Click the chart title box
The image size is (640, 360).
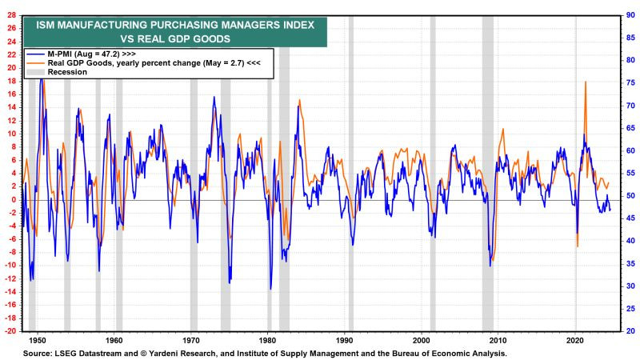pyautogui.click(x=174, y=30)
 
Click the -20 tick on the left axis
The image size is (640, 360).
pyautogui.click(x=11, y=331)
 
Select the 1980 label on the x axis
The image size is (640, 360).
pyautogui.click(x=268, y=339)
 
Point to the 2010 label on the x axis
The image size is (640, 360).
pyautogui.click(x=498, y=339)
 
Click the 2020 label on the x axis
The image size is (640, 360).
pyautogui.click(x=574, y=339)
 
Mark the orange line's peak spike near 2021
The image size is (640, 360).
pyautogui.click(x=586, y=82)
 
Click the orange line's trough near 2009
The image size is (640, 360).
pyautogui.click(x=493, y=260)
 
